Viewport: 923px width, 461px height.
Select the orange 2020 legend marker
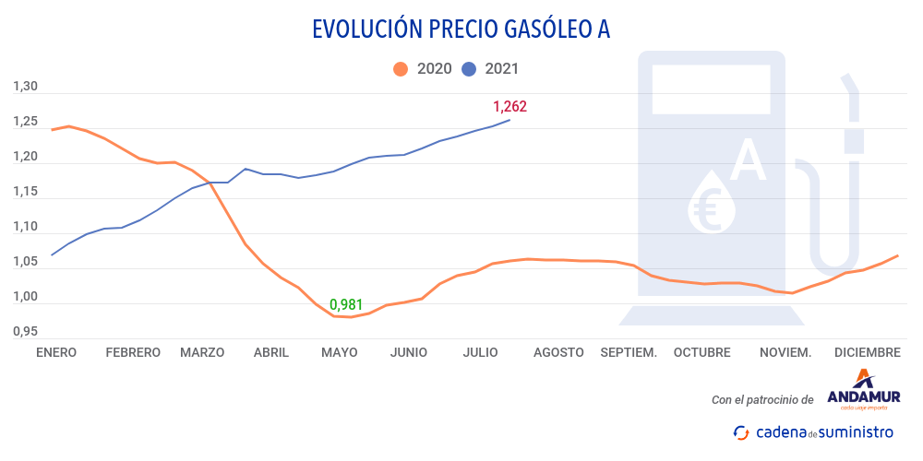pyautogui.click(x=401, y=68)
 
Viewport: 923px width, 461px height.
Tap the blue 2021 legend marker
pyautogui.click(x=469, y=68)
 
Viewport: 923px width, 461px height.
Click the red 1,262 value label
pyautogui.click(x=509, y=106)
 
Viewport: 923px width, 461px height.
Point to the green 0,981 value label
pyautogui.click(x=346, y=304)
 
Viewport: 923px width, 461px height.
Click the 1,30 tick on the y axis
pyautogui.click(x=25, y=87)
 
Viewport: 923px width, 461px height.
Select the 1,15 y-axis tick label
pyautogui.click(x=25, y=192)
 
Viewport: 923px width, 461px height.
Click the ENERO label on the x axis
pyautogui.click(x=56, y=352)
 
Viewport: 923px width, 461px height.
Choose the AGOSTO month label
pyautogui.click(x=558, y=352)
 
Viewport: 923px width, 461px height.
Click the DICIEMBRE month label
pyautogui.click(x=867, y=352)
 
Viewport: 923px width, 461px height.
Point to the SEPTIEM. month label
pyautogui.click(x=629, y=352)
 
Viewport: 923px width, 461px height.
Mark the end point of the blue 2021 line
pyautogui.click(x=509, y=120)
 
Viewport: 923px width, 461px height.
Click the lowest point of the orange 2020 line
pyautogui.click(x=351, y=317)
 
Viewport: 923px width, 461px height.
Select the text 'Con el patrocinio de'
pyautogui.click(x=762, y=400)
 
